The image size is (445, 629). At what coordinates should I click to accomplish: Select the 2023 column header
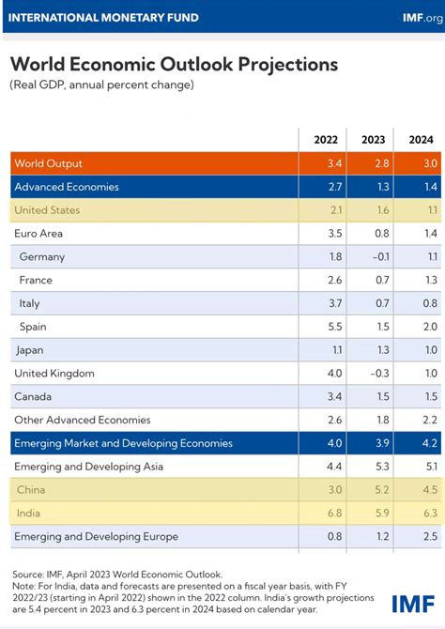click(374, 140)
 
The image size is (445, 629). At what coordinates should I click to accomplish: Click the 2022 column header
click(325, 140)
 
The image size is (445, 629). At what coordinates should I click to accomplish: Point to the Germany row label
click(40, 256)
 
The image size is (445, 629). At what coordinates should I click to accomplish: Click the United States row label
click(47, 210)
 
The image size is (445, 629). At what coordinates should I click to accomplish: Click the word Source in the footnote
click(29, 574)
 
